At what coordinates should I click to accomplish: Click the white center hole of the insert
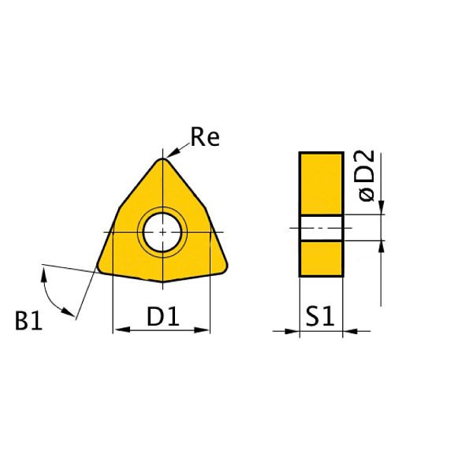pyautogui.click(x=162, y=232)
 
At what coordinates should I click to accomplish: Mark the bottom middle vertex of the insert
pyautogui.click(x=163, y=282)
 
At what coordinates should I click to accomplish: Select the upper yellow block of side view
pyautogui.click(x=321, y=183)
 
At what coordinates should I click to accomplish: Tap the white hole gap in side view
pyautogui.click(x=321, y=228)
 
